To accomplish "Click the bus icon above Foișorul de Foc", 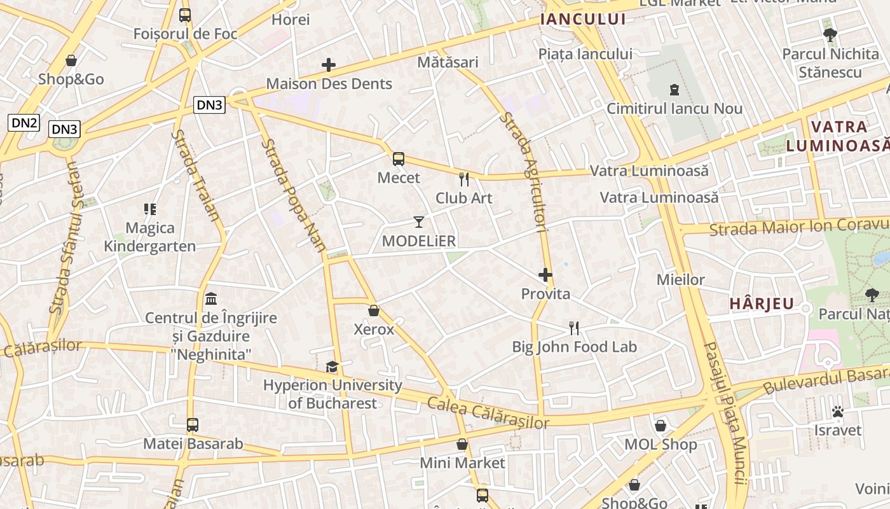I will (185, 15).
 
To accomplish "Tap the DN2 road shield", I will (24, 123).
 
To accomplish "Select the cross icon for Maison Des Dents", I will (329, 65).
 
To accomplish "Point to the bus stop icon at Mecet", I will (399, 159).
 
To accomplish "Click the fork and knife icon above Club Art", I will (464, 179).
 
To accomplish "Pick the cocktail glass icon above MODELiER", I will (418, 221).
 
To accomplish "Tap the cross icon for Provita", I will (545, 275).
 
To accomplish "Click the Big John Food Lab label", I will (575, 347).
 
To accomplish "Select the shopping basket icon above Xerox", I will (374, 310).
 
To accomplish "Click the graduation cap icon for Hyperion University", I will (332, 366).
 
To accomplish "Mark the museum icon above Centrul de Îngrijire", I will (211, 298).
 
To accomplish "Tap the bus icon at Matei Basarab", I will (193, 424).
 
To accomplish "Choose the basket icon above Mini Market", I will (462, 444).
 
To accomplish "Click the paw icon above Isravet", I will (838, 412).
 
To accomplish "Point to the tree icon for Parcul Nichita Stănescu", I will (830, 35).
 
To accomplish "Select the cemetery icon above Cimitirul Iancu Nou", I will (674, 90).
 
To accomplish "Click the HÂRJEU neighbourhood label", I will (762, 304).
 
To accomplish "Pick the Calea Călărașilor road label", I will (488, 412).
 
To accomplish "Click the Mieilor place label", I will (680, 279).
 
